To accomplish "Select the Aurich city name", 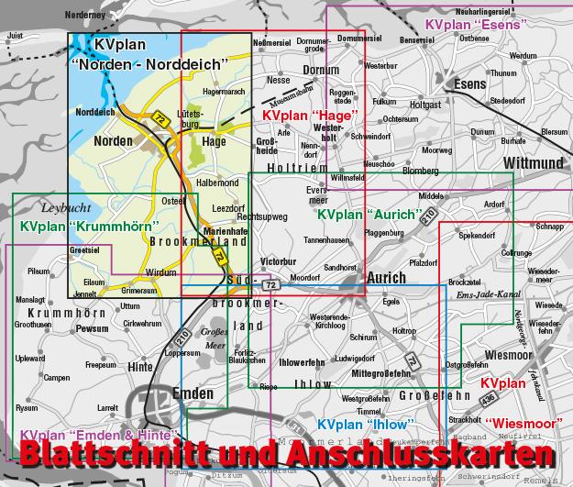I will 385,278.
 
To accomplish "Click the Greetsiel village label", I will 83,249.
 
